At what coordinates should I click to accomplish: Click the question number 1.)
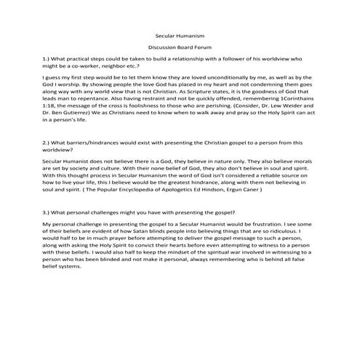click(48, 56)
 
